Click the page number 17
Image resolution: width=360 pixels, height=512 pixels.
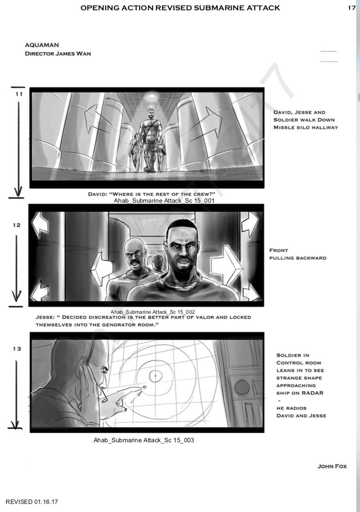coord(352,8)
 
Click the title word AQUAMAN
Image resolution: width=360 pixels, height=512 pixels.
coord(42,45)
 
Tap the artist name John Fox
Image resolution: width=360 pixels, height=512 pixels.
coord(332,466)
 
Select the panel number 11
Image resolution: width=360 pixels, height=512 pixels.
coord(19,94)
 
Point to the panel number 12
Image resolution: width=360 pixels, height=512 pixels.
coord(16,225)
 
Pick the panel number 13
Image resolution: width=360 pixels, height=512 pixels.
coord(17,349)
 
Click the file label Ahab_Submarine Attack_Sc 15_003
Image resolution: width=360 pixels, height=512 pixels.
coord(144,440)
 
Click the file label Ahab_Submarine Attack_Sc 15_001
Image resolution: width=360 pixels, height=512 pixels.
coord(164,200)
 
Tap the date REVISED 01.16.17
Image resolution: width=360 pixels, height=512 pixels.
coord(32,502)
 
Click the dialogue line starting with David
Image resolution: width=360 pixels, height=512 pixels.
coord(152,194)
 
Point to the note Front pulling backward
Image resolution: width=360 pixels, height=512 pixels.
coord(297,254)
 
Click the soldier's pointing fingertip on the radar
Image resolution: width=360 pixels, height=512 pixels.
coord(144,387)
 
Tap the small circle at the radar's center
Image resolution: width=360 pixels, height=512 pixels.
coord(155,376)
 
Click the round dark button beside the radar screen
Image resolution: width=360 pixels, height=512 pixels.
coord(242,387)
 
